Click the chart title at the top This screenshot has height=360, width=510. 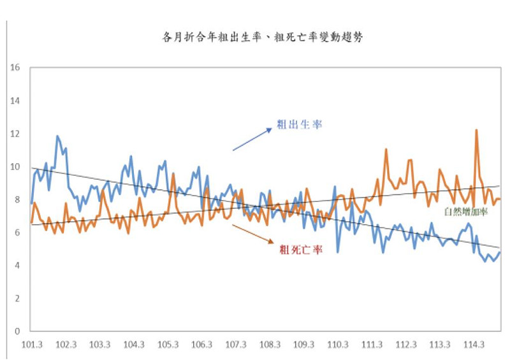point(263,38)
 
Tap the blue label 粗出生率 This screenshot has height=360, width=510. point(299,124)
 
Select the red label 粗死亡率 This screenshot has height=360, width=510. point(300,250)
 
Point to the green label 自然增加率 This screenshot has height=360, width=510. point(465,212)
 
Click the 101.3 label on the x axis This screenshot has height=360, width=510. point(31,345)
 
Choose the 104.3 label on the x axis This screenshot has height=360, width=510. point(133,345)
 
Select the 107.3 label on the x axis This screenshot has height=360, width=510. point(235,345)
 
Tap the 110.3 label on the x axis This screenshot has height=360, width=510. point(337,345)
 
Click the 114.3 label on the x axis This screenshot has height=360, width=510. point(473,345)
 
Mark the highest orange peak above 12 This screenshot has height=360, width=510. point(476,130)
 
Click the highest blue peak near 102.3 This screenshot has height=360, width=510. point(57,136)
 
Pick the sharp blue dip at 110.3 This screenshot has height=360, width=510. point(338,252)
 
